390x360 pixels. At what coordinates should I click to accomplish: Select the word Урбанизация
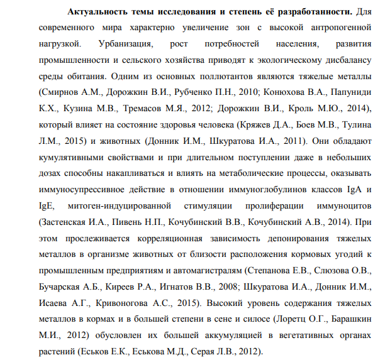click(123, 45)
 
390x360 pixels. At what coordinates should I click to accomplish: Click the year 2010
click(237, 94)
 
